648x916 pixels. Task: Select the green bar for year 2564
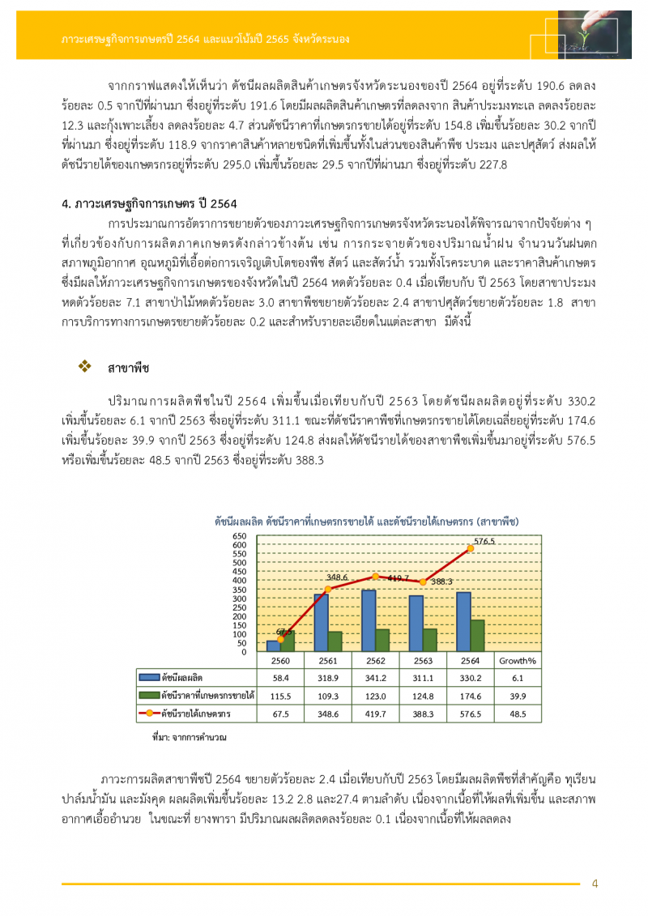point(478,636)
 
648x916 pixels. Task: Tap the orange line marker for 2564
point(471,549)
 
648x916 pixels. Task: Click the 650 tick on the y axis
point(240,536)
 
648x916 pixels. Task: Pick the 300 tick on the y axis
point(240,599)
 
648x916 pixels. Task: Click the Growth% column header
point(518,660)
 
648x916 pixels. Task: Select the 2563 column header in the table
point(423,660)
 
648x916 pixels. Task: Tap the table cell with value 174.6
point(471,696)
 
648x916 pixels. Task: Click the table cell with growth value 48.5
point(518,714)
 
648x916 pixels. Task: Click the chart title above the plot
point(366,521)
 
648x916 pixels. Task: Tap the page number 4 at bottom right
point(595,884)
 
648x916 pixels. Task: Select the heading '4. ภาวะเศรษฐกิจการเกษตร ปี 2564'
point(149,203)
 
